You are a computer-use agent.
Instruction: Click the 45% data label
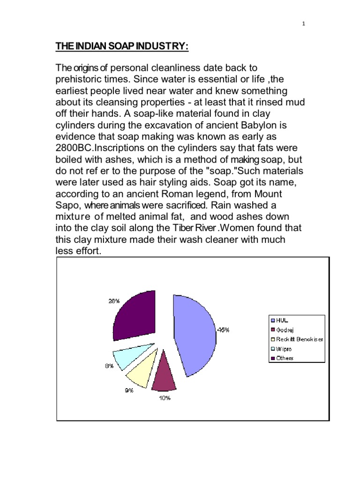tap(223, 330)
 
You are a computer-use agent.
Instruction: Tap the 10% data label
tap(164, 398)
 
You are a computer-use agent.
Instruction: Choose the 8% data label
tap(109, 366)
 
